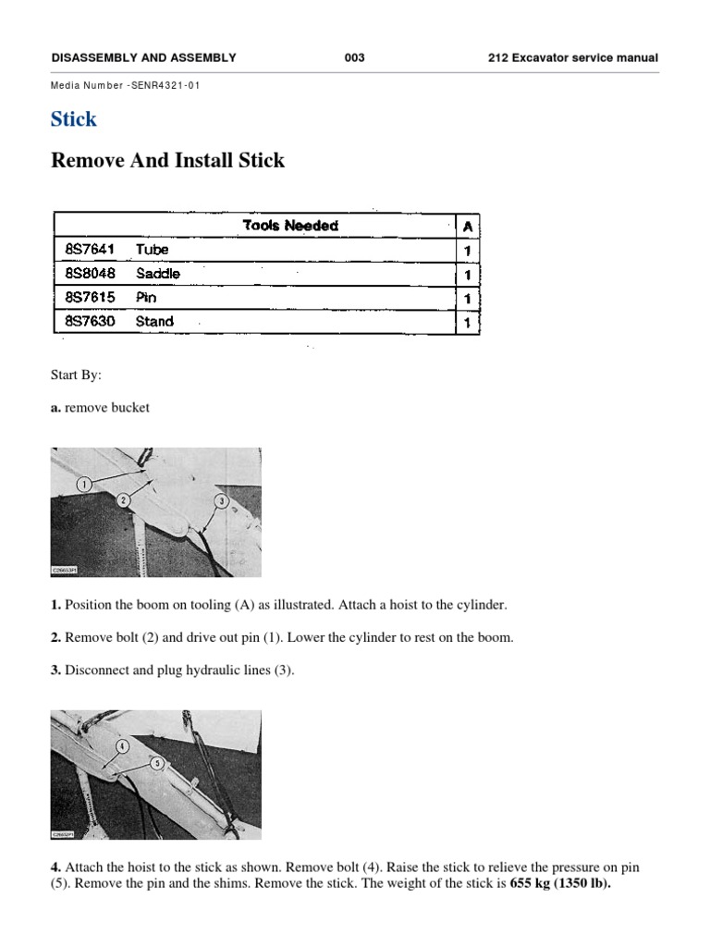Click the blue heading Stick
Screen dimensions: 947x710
point(73,119)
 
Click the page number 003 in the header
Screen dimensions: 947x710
point(354,57)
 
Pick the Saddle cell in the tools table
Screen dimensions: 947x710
point(157,274)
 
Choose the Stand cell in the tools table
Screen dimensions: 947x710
point(154,322)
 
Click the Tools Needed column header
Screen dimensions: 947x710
point(289,226)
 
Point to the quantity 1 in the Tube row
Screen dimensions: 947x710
point(468,251)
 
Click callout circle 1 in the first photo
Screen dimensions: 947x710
point(83,484)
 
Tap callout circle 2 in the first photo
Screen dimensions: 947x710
point(122,499)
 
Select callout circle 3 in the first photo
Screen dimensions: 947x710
point(220,501)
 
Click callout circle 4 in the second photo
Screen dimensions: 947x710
point(121,745)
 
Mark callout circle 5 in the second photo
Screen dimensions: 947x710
point(157,763)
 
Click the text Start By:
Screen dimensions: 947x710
point(76,376)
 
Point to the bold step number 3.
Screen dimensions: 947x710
point(55,670)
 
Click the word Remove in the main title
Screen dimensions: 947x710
point(88,161)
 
